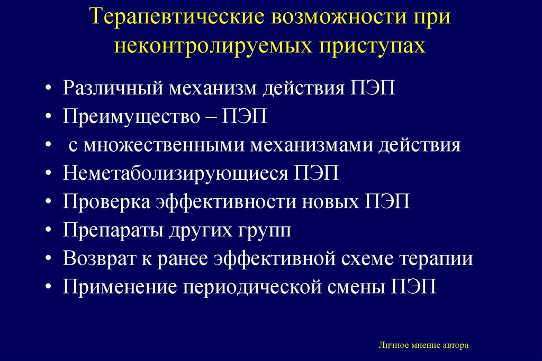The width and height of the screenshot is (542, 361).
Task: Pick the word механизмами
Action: point(311,145)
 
